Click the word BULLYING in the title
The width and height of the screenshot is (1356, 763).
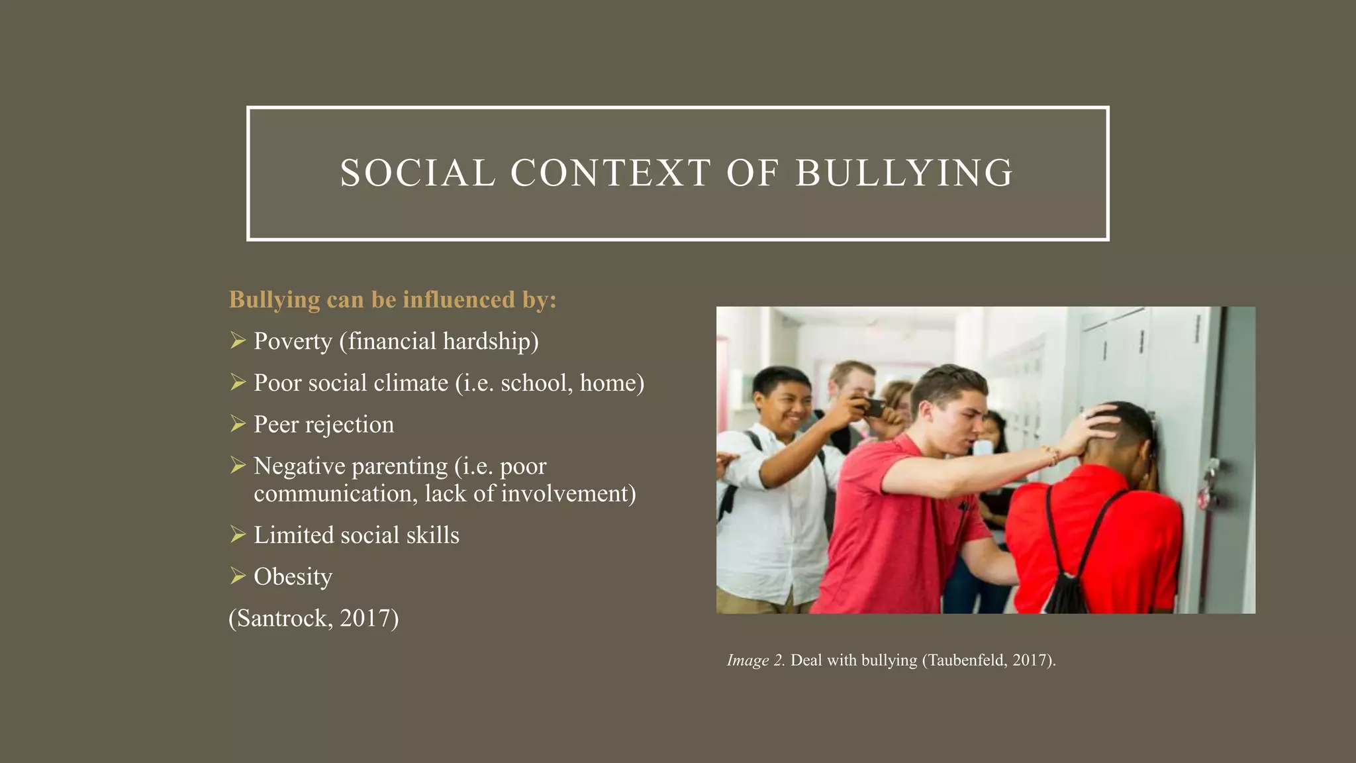(904, 174)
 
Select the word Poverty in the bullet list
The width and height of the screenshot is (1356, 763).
(293, 342)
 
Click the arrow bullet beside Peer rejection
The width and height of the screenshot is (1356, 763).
(238, 423)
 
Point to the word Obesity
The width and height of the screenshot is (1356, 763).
(293, 577)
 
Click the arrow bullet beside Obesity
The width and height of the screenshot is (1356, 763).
(238, 576)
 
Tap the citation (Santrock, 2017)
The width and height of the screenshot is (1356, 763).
(314, 618)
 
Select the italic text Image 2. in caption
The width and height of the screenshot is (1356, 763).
(755, 660)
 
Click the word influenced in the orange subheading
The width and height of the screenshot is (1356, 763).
(459, 299)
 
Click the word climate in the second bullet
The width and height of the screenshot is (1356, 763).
(411, 383)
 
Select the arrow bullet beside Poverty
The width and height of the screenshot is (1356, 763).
(238, 340)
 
